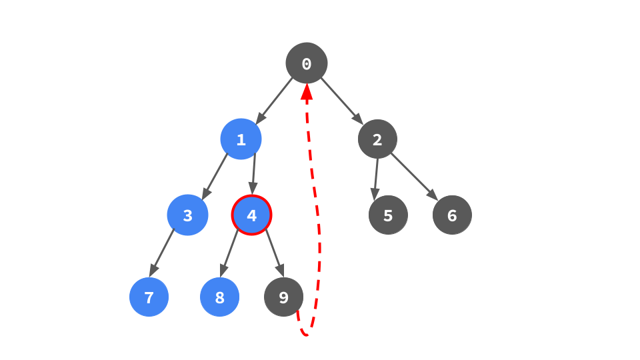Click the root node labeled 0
pos(307,63)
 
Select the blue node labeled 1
pos(241,139)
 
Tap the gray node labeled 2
pos(377,139)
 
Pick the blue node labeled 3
pos(187,215)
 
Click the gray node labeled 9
pos(283,297)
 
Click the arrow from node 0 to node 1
pos(274,101)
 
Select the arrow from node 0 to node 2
pos(342,101)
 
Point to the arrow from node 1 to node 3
pos(215,177)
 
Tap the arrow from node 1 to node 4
pos(253,177)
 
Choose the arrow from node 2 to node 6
pos(414,177)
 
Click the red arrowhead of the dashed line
pos(307,93)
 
